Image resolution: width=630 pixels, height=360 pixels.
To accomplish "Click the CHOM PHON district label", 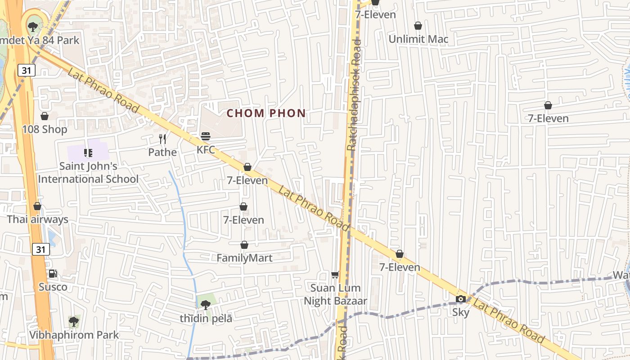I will [x=266, y=113].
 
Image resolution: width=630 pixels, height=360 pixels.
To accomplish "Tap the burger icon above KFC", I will [x=206, y=136].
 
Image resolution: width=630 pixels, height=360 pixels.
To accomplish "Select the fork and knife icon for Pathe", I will [x=162, y=139].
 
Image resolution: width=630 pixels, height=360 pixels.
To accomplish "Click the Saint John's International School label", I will [x=88, y=172].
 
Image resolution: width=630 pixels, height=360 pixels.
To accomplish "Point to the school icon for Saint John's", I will [x=88, y=153].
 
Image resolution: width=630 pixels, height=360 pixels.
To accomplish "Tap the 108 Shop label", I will [x=45, y=130].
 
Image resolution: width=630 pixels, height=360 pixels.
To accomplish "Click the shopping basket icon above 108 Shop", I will [x=45, y=117].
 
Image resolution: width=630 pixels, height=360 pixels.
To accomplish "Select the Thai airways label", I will [x=37, y=220].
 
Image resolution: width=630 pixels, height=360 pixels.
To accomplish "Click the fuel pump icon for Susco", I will [x=53, y=274].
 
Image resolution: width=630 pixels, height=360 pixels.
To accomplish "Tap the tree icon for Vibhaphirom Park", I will [x=74, y=322].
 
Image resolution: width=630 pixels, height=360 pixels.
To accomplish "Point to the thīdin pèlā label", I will [x=206, y=319].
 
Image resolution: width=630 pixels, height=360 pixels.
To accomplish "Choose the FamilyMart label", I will [x=244, y=258].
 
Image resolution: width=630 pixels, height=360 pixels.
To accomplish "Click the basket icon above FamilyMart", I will [x=244, y=245].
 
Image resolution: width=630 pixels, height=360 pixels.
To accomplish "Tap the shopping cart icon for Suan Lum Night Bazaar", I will [x=335, y=274].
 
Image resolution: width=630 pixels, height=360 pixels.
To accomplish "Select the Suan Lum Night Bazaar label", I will [x=335, y=294].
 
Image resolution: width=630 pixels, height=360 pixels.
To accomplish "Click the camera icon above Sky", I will [x=460, y=299].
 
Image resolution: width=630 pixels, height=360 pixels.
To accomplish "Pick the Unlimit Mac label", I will [x=418, y=39].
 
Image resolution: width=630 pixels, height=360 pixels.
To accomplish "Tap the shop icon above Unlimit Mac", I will [x=418, y=26].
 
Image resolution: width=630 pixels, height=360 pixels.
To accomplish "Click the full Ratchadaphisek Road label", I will [x=354, y=94].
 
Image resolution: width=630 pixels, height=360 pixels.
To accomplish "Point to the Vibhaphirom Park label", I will [x=74, y=335].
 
